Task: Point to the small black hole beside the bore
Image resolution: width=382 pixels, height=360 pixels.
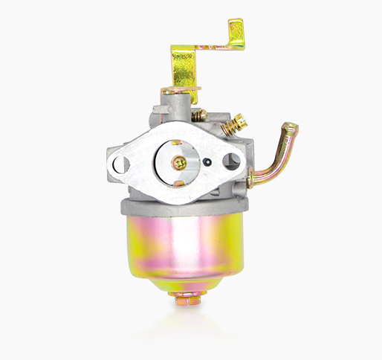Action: pos(212,161)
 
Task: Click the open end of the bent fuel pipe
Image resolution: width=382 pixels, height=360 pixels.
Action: pos(292,132)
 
